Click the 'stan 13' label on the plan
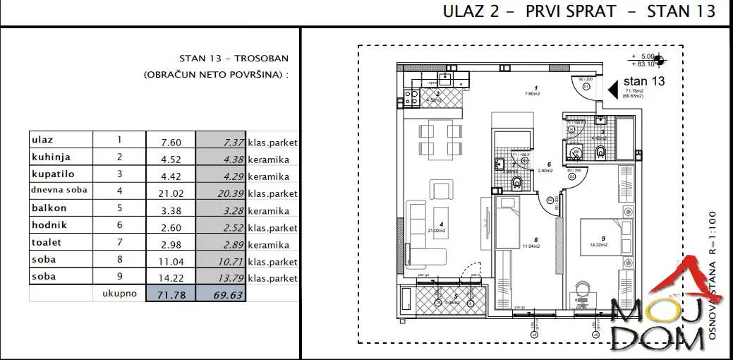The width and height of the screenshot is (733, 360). (x=645, y=81)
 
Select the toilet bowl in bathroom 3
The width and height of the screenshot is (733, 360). (x=600, y=151)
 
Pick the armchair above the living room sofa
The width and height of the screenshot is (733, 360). (x=441, y=188)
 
